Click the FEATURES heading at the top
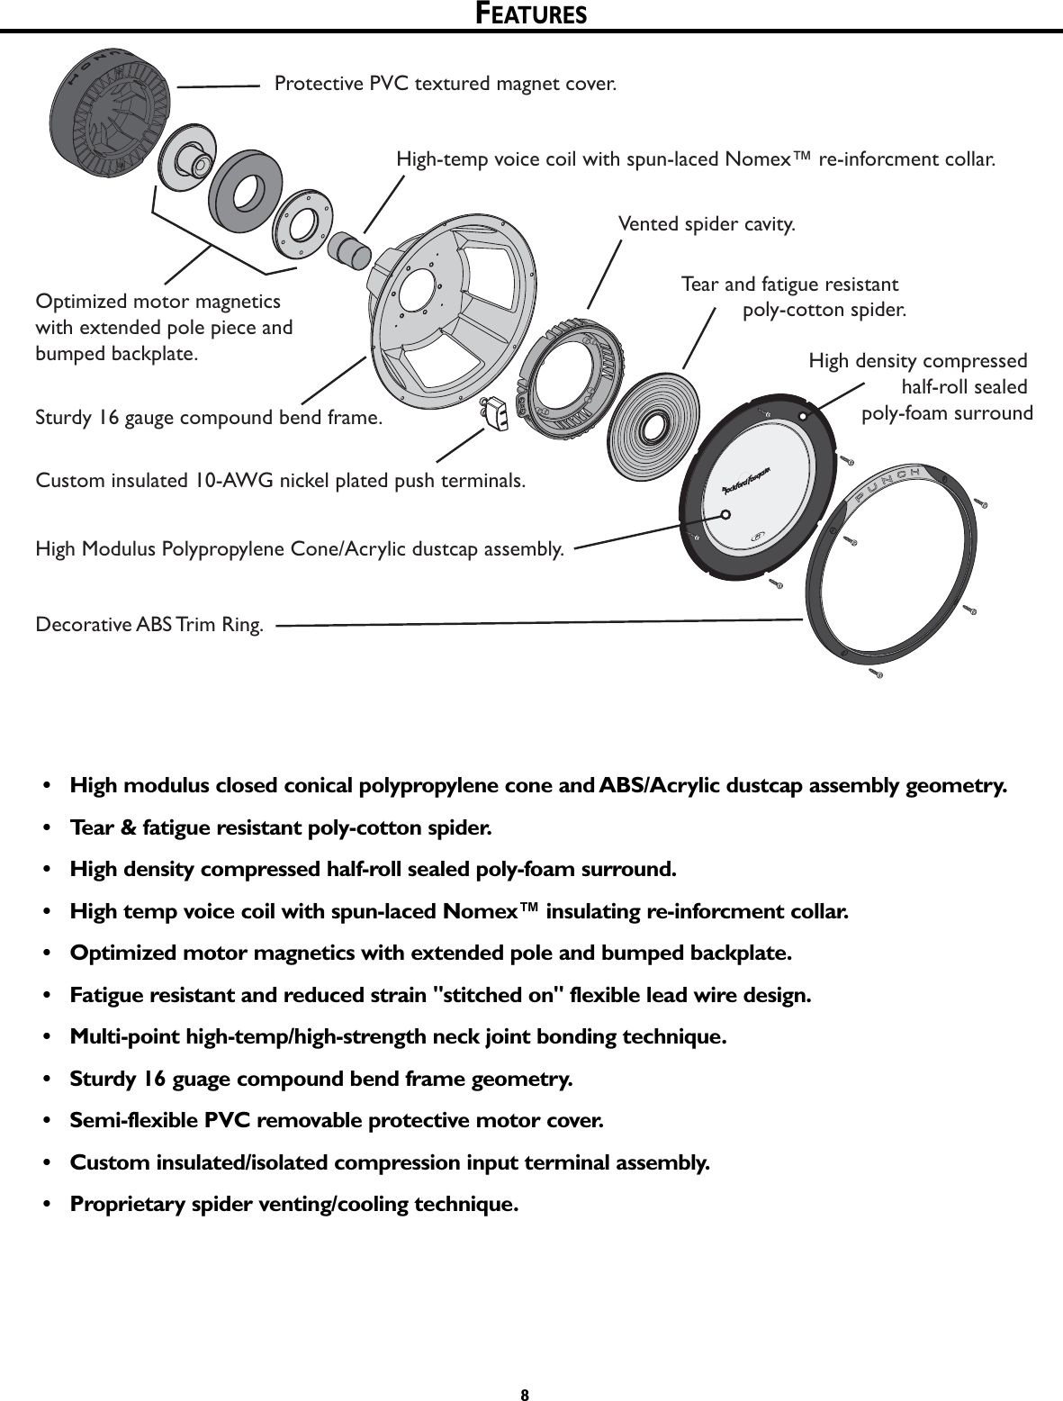click(x=531, y=14)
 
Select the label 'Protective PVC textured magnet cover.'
click(x=446, y=85)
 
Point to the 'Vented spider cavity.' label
click(x=707, y=224)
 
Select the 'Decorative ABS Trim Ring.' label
click(x=149, y=625)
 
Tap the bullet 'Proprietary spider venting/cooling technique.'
click(x=294, y=1204)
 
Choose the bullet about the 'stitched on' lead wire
click(x=440, y=995)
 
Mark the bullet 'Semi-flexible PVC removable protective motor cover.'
click(x=337, y=1121)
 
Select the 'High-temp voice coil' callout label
click(x=696, y=160)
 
